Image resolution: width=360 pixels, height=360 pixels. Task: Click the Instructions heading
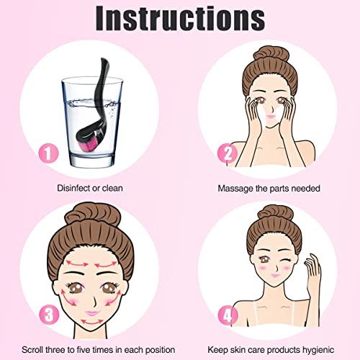click(180, 18)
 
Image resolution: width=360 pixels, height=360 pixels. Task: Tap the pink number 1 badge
click(49, 153)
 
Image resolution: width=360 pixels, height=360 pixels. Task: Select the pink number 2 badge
click(228, 153)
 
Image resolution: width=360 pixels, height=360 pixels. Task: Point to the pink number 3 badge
click(49, 315)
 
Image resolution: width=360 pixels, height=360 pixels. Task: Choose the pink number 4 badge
click(228, 315)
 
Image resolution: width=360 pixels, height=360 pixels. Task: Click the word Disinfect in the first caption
click(73, 188)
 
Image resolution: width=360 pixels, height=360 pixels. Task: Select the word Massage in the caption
click(235, 189)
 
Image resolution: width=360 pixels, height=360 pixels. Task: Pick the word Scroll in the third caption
click(32, 350)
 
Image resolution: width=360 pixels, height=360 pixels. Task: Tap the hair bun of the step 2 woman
click(271, 54)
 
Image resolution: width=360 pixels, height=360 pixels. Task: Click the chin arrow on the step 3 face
click(92, 322)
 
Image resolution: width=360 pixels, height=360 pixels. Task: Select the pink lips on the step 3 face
click(92, 312)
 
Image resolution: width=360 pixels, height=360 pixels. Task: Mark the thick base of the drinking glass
click(92, 161)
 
